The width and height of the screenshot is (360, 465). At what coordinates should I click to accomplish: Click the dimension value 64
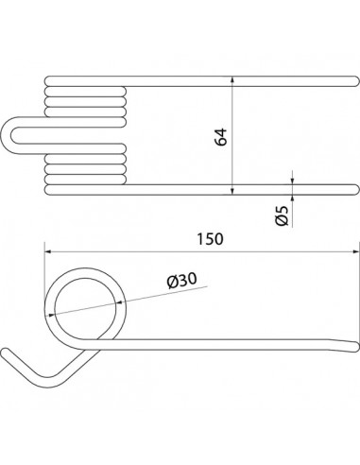221,135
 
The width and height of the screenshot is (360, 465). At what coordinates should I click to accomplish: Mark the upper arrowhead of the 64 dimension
232,82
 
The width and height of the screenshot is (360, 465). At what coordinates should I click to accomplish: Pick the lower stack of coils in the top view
85,168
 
